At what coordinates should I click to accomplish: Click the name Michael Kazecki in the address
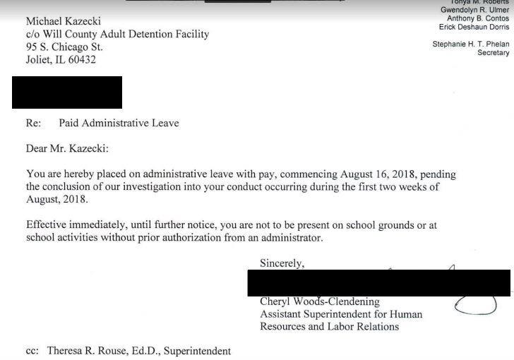(64, 21)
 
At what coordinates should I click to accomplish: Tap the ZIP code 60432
(79, 60)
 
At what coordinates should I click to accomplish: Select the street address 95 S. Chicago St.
(64, 47)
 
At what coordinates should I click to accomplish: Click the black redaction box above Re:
(67, 92)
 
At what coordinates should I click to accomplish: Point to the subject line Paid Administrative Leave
(119, 123)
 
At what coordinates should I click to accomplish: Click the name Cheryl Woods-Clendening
(320, 302)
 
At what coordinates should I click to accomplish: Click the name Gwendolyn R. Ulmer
(474, 10)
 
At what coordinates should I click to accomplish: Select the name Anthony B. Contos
(478, 18)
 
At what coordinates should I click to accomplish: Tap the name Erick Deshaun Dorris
(474, 28)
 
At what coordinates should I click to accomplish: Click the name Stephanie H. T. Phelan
(470, 44)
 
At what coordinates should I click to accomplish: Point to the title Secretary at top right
(493, 53)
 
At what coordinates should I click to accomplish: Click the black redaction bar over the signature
(378, 282)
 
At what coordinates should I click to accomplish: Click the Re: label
(34, 123)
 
